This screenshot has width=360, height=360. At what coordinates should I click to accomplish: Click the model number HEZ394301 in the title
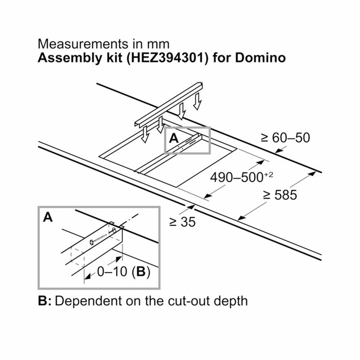click(x=167, y=58)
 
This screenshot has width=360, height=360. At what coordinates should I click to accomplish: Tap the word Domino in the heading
click(x=260, y=58)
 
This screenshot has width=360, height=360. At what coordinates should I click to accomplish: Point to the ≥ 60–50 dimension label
click(x=285, y=138)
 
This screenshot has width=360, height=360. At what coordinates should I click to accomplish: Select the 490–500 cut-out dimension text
click(x=237, y=177)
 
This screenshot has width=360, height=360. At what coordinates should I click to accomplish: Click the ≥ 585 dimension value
click(x=280, y=195)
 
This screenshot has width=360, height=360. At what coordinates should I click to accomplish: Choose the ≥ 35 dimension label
click(x=183, y=222)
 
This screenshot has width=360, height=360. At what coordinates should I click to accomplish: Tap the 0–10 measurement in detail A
click(x=112, y=272)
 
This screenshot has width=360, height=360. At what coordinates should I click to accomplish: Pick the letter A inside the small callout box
click(x=174, y=138)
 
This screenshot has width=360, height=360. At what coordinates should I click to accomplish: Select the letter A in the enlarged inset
click(x=48, y=217)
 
